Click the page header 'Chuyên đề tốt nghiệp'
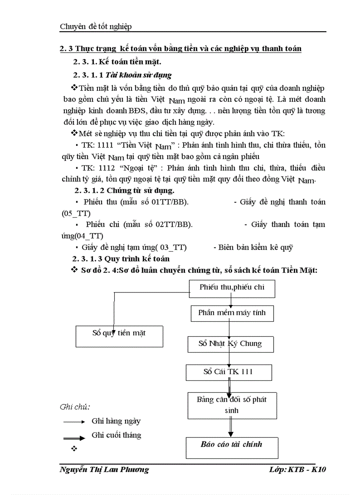tap(96, 27)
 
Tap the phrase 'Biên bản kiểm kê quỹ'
tap(255, 247)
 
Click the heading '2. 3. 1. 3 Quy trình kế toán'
tap(121, 259)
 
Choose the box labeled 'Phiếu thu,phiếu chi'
tap(232, 288)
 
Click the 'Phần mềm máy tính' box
tap(232, 313)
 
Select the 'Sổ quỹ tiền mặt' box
tap(119, 333)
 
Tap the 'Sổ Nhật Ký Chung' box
tap(230, 344)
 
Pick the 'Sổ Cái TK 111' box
tap(228, 372)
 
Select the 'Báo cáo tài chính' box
tap(232, 444)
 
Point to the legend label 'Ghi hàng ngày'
tap(116, 421)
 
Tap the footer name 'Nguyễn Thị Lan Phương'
tap(104, 469)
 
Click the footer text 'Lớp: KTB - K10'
tap(297, 469)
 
